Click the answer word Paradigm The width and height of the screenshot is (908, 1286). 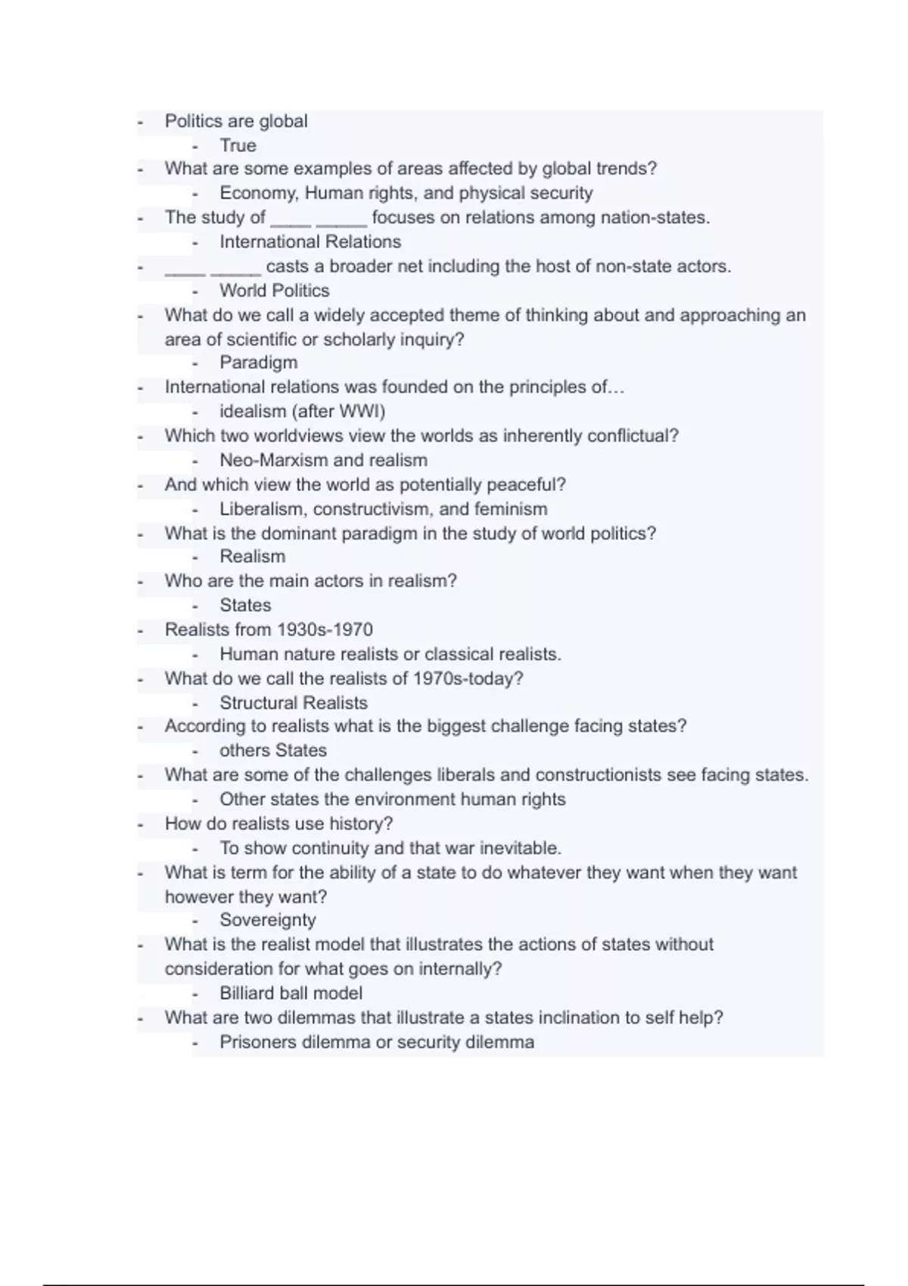(x=258, y=362)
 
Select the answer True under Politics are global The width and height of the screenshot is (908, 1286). (x=238, y=145)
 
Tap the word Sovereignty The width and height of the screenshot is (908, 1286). (x=267, y=920)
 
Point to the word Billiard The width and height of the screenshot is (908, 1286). (x=247, y=993)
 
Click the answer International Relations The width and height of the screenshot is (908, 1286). (x=310, y=242)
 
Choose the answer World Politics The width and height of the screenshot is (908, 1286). (x=274, y=290)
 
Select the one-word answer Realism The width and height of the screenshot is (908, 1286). (x=252, y=557)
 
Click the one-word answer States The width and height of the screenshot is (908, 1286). (x=244, y=605)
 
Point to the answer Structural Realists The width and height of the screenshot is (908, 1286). (x=293, y=703)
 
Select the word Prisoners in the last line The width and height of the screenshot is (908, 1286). (x=257, y=1042)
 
